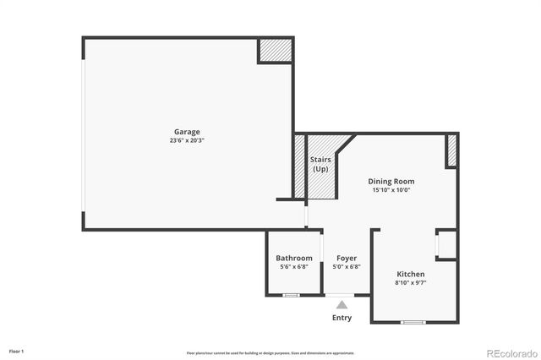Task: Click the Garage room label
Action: click(x=187, y=132)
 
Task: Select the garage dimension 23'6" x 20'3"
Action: click(x=187, y=140)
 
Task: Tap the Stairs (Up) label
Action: click(x=320, y=164)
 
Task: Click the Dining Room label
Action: click(x=391, y=181)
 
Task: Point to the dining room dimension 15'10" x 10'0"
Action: click(x=391, y=190)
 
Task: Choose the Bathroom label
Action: click(x=294, y=258)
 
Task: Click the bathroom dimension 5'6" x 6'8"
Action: click(x=294, y=267)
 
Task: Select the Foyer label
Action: click(x=347, y=258)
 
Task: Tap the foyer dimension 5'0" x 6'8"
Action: click(x=347, y=267)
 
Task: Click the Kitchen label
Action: click(x=411, y=274)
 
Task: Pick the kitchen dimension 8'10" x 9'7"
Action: click(x=411, y=283)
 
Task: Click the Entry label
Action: click(x=342, y=318)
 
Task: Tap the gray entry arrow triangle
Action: click(x=342, y=304)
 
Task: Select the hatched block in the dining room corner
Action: click(x=451, y=150)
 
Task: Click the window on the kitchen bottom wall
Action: click(x=413, y=322)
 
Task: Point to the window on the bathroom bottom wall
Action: click(x=291, y=295)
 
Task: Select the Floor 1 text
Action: click(x=17, y=351)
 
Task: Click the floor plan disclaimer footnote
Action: click(x=270, y=353)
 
